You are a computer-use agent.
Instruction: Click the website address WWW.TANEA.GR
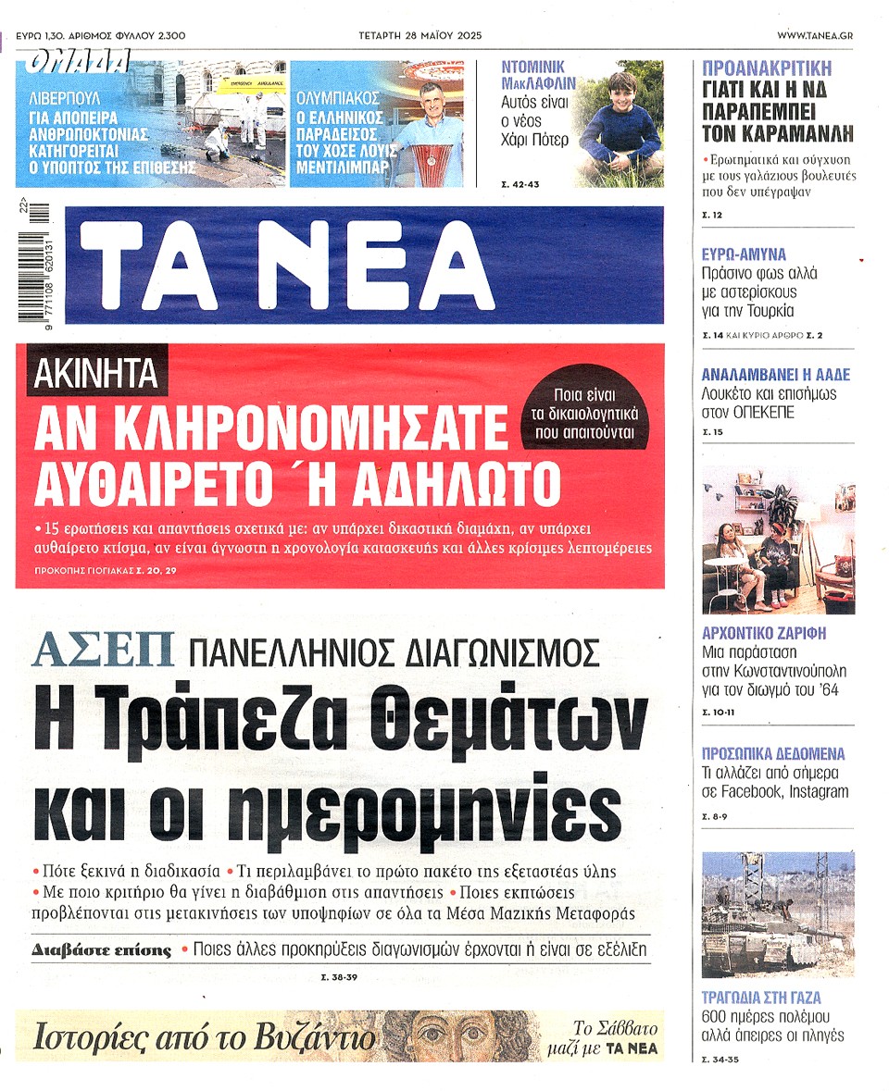[815, 35]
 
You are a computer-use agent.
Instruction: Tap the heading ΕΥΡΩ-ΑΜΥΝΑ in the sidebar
[744, 254]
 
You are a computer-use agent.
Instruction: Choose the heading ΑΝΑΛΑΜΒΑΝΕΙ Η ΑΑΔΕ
[776, 375]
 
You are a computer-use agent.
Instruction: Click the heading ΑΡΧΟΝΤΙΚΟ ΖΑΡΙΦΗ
[764, 634]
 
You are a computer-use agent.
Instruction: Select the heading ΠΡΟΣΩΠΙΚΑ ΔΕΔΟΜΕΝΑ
[774, 754]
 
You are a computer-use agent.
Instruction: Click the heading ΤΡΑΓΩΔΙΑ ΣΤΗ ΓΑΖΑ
[761, 998]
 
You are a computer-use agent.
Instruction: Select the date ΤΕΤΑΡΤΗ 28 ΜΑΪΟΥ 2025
[420, 35]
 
